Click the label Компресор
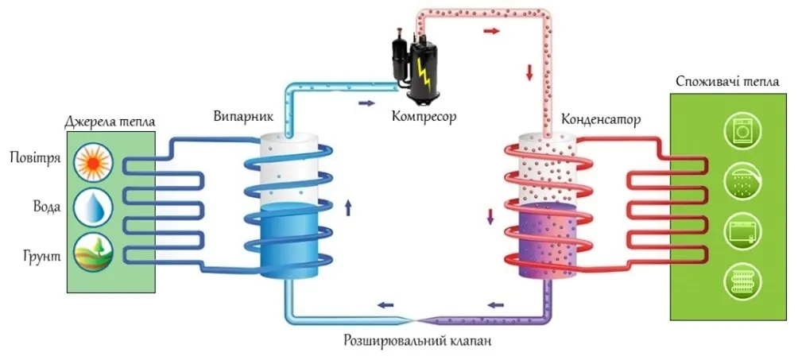tap(424, 116)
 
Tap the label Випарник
tap(243, 116)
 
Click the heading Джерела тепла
tap(110, 122)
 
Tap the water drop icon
tap(93, 207)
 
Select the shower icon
tap(745, 183)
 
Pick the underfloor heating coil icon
tap(745, 282)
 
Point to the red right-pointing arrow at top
tap(493, 31)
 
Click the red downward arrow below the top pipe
tap(529, 74)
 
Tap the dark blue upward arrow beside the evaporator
tap(347, 209)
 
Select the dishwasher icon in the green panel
tap(745, 233)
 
